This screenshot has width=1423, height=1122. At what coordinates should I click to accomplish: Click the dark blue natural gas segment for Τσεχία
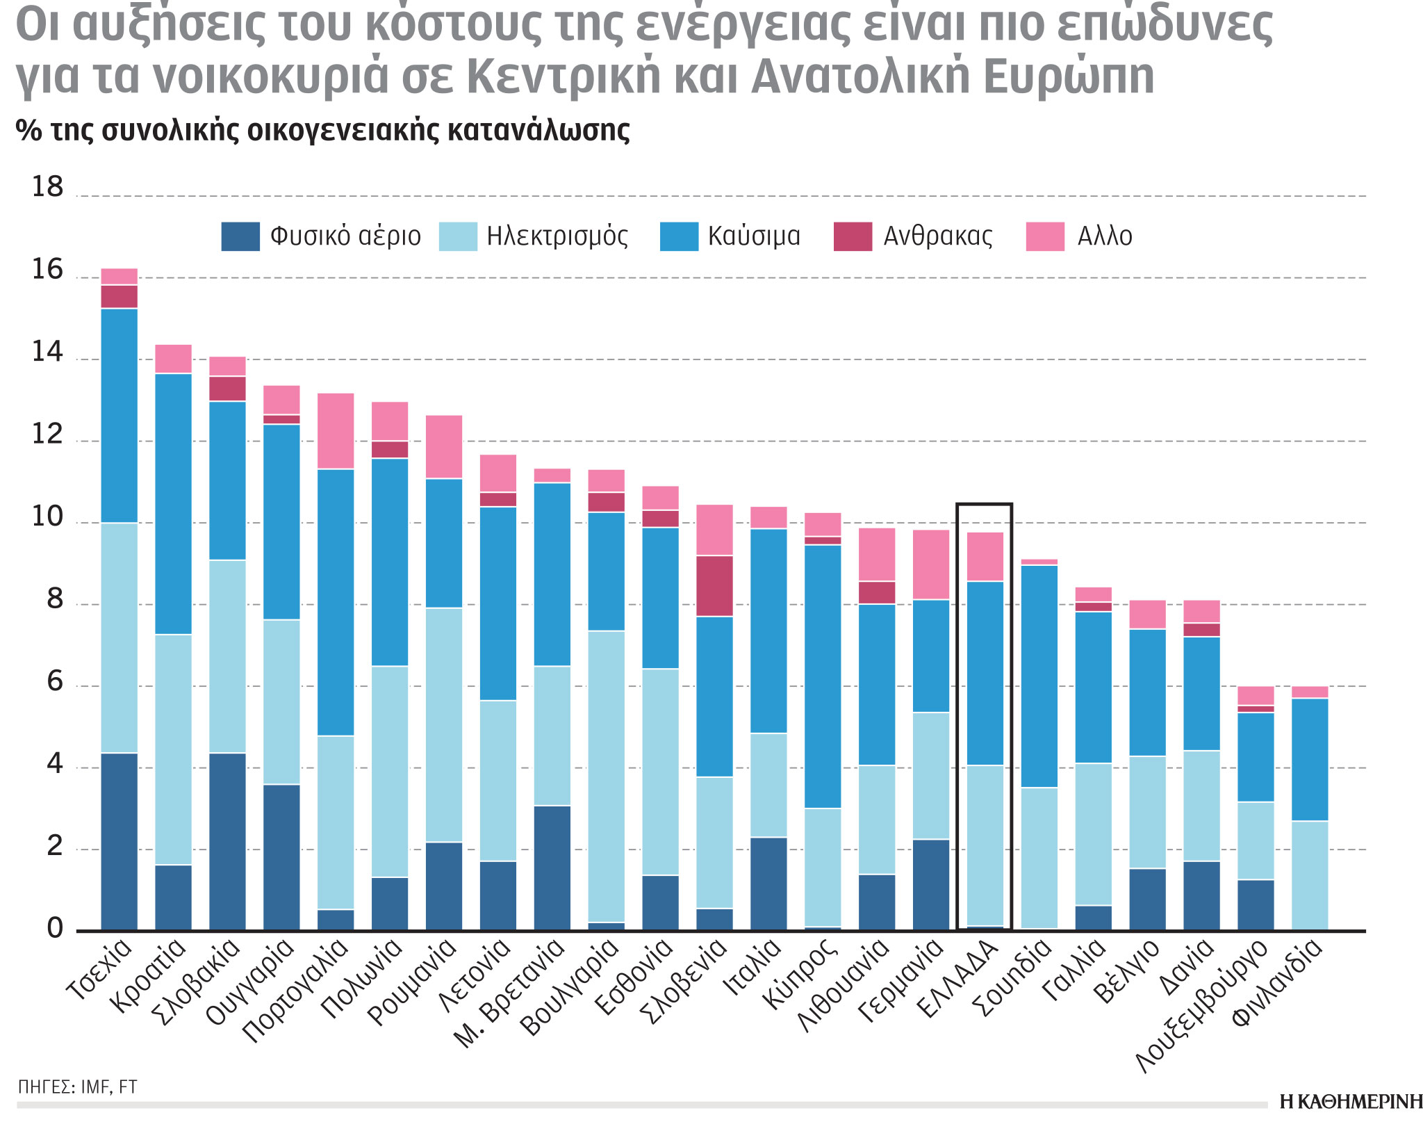(x=119, y=841)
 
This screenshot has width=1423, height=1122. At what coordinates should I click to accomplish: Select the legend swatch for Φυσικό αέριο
(x=240, y=236)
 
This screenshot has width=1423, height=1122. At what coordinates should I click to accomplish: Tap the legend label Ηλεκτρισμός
(x=557, y=236)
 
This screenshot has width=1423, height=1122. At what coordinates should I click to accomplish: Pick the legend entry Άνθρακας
(x=937, y=236)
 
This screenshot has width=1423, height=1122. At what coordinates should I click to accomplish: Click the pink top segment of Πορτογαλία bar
(x=336, y=431)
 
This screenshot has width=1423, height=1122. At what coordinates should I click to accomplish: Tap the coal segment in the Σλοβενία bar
(x=714, y=585)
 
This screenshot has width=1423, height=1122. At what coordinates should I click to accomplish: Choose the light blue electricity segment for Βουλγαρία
(x=606, y=776)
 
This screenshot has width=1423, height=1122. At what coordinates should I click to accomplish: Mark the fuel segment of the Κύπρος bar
(x=823, y=676)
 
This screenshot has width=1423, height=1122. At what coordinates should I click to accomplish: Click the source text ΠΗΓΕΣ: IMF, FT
(x=77, y=1087)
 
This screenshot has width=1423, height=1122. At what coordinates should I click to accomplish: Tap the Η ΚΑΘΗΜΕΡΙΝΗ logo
(x=1350, y=1102)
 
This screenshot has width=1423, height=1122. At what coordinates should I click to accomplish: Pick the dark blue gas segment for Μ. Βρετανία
(x=552, y=868)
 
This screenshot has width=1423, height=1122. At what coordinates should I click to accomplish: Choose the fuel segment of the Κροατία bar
(x=173, y=503)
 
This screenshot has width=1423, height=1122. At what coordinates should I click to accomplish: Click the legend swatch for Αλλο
(x=1045, y=236)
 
